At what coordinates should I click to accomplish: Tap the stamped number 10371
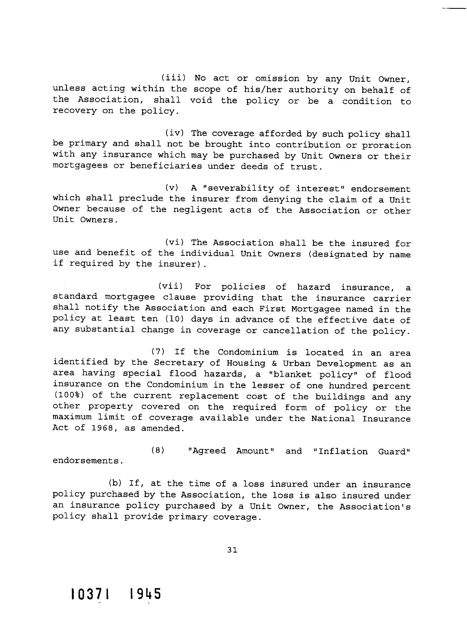(x=90, y=594)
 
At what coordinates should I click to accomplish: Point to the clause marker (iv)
(x=175, y=133)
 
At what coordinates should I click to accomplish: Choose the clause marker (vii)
(x=170, y=286)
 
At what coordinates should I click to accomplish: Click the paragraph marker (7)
(x=158, y=352)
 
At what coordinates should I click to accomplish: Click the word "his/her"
(x=263, y=89)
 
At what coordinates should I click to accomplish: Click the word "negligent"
(x=198, y=210)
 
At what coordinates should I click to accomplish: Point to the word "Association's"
(x=375, y=506)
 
